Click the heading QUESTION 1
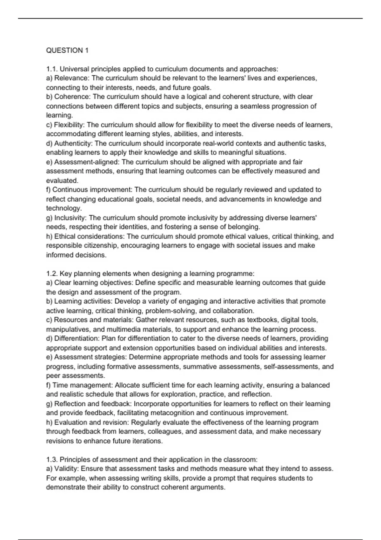67,50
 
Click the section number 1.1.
52,69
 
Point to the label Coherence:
72,97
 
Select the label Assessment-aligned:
87,162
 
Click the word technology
63,208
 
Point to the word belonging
243,227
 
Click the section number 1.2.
52,273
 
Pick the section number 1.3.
52,460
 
